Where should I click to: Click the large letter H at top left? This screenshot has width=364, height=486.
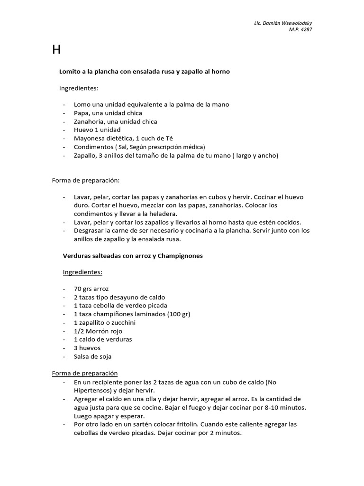pyautogui.click(x=56, y=50)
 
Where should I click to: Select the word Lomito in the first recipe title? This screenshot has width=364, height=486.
pyautogui.click(x=69, y=71)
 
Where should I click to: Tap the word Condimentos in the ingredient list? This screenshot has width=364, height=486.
pyautogui.click(x=93, y=147)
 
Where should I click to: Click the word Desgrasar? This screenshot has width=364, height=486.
pyautogui.click(x=91, y=231)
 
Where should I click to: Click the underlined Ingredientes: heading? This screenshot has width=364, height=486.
pyautogui.click(x=83, y=272)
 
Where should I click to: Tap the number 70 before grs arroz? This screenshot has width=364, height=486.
pyautogui.click(x=78, y=289)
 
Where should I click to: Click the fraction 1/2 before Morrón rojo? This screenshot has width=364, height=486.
pyautogui.click(x=79, y=331)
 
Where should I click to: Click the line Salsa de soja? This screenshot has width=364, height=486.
pyautogui.click(x=93, y=356)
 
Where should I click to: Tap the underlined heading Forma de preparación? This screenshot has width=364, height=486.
pyautogui.click(x=85, y=374)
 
